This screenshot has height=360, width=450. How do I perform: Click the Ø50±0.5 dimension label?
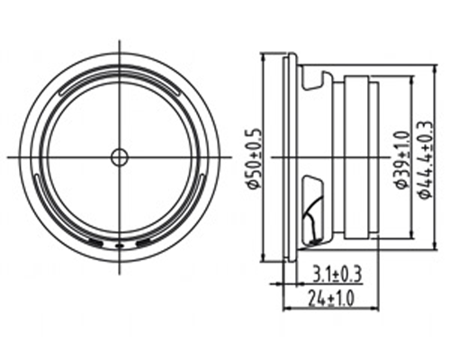point(254,159)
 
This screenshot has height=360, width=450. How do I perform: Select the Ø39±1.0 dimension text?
point(402,159)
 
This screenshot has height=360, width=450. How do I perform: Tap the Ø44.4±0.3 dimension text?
point(427,159)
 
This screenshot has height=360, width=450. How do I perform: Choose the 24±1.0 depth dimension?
point(331,298)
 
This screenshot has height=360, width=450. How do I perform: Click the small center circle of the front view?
point(120,157)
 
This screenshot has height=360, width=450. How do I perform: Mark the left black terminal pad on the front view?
point(96,243)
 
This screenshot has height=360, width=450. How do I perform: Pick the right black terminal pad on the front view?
point(143,243)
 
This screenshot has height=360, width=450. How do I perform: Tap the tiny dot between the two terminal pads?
point(120,246)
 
